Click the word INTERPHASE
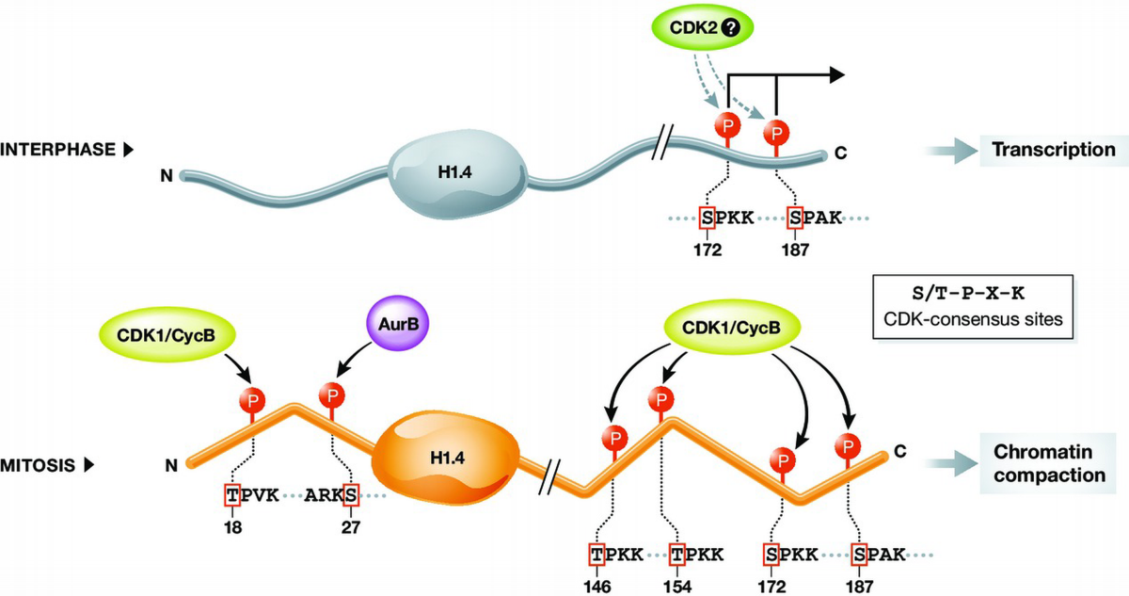57,149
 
